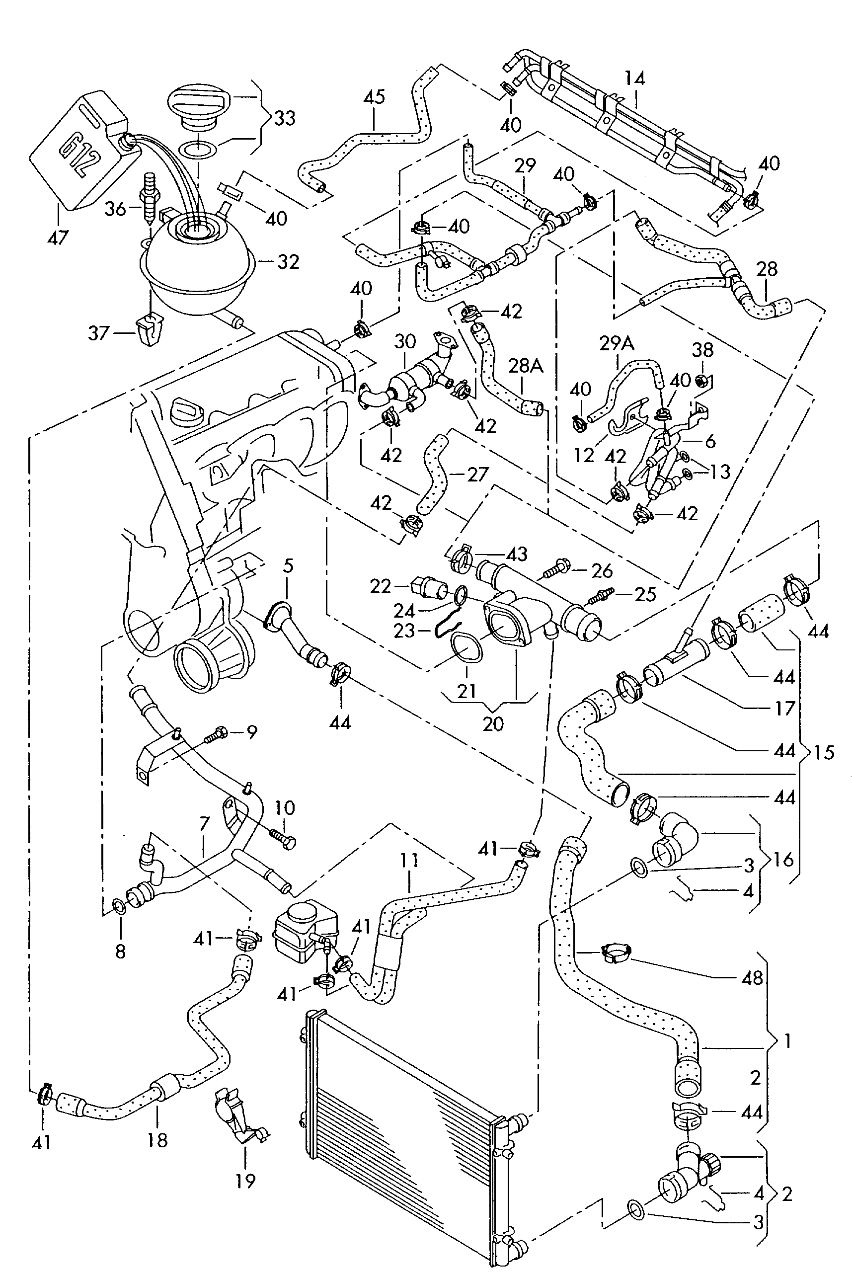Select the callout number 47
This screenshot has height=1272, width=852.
click(x=58, y=238)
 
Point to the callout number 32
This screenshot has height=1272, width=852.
click(x=289, y=262)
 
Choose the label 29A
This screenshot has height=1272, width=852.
click(x=617, y=343)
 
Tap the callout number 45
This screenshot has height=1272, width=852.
click(x=374, y=97)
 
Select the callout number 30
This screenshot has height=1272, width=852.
click(x=405, y=342)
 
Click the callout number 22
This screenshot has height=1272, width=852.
click(x=381, y=586)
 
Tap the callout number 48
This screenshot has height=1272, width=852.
click(x=753, y=978)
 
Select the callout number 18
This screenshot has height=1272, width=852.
click(x=157, y=1139)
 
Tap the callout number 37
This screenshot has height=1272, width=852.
click(x=99, y=333)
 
